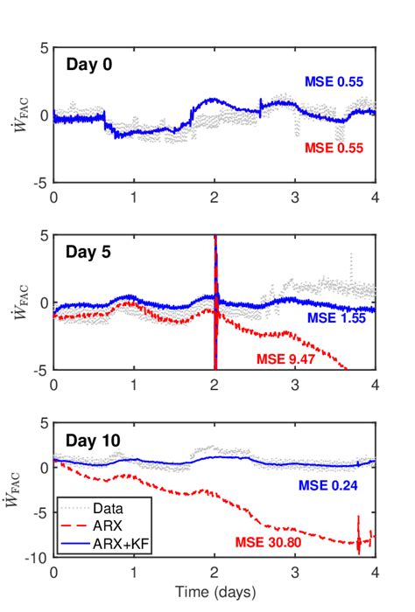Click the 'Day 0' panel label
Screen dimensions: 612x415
[x=91, y=65]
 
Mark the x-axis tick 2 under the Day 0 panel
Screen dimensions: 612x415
[x=215, y=198]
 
